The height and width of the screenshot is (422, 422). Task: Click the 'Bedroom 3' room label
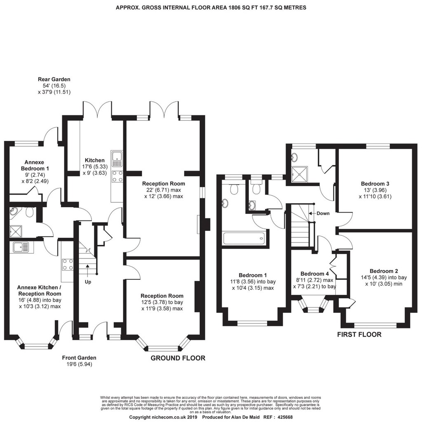point(375,183)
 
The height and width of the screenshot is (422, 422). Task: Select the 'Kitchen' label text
point(95,160)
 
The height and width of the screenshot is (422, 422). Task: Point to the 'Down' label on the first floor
point(323,213)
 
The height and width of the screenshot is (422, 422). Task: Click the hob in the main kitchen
point(117,176)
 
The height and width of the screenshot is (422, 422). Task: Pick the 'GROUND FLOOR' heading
point(178,358)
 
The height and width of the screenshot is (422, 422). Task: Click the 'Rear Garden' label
point(54,79)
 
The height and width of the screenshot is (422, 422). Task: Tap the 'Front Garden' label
point(79,358)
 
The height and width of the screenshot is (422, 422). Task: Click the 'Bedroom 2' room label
point(384,271)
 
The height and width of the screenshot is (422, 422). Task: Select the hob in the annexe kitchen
point(68,264)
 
